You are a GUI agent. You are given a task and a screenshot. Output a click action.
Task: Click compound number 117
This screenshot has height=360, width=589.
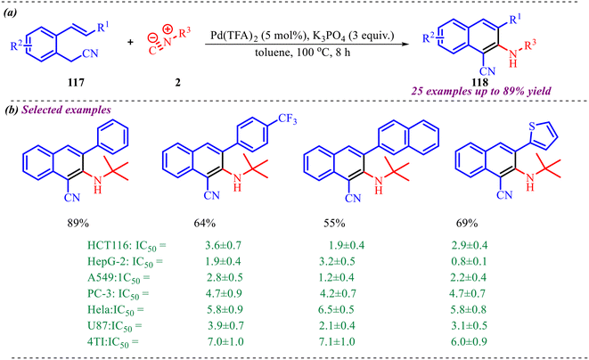[x=76, y=82]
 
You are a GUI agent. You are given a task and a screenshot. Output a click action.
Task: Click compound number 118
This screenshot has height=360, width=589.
[x=480, y=82]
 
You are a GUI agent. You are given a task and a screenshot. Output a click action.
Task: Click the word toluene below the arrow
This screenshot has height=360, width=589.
[x=272, y=53]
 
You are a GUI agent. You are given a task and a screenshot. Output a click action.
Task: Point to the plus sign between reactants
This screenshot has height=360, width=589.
[x=130, y=42]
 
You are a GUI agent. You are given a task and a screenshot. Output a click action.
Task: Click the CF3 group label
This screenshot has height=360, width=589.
[x=287, y=119]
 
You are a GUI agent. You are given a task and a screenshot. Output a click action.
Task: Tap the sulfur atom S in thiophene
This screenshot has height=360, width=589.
[x=532, y=127]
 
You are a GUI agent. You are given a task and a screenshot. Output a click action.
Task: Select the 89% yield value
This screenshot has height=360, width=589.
[x=78, y=223]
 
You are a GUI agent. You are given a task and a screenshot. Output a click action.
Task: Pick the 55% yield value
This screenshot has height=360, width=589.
[x=334, y=223]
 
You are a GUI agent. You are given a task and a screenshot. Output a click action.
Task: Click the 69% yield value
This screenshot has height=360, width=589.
[x=467, y=223]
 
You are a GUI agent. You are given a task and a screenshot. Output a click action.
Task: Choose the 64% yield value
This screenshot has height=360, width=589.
[x=205, y=223]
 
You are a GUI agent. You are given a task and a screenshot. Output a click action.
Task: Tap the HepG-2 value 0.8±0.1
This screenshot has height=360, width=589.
[x=469, y=261]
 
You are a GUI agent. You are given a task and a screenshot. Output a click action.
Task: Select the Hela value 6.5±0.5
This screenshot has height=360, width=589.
[x=336, y=309]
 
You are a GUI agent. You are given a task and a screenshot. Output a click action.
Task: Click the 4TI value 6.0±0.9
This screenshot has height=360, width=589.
[x=470, y=341]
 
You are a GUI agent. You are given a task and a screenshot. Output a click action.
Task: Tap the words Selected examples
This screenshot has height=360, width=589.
[x=67, y=110]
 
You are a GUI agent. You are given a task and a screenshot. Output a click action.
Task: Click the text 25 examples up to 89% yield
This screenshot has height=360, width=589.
[x=481, y=91]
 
